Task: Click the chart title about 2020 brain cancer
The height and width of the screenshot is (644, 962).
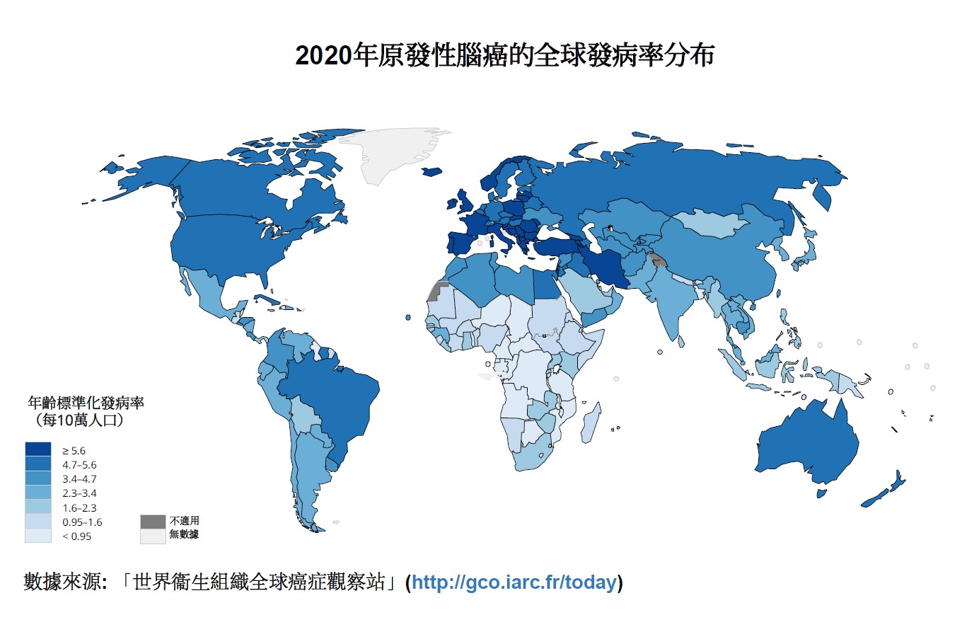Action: click(504, 55)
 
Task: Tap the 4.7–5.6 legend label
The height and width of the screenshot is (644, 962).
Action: click(79, 465)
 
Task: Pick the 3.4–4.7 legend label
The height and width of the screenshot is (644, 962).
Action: click(79, 479)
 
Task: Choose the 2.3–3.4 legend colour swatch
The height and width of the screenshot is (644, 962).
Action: click(38, 493)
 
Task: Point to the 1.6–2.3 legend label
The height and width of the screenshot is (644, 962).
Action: click(79, 508)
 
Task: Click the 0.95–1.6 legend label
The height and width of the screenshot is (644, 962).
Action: click(82, 522)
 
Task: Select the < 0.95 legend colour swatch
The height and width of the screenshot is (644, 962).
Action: click(38, 536)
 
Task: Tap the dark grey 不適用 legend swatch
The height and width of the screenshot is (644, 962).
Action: click(153, 522)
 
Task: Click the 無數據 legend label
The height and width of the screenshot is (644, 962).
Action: click(184, 535)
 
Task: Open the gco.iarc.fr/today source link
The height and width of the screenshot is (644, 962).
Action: click(514, 582)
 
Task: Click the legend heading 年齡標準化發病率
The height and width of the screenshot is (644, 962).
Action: click(86, 403)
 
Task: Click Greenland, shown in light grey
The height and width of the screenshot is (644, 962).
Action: click(393, 152)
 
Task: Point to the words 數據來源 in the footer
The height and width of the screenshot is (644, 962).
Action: click(62, 582)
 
